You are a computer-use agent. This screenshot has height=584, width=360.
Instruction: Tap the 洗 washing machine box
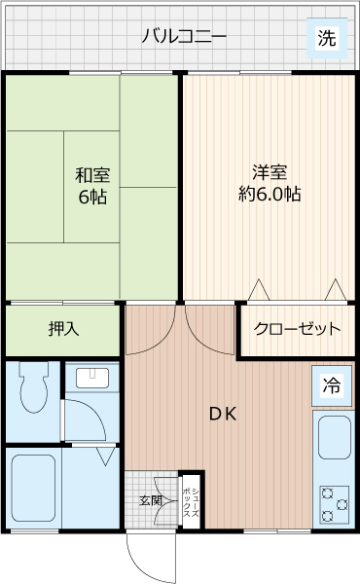pyautogui.click(x=327, y=39)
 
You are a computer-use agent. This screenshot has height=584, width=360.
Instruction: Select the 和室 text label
pyautogui.click(x=92, y=175)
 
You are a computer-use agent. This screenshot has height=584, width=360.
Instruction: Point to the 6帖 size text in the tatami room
pyautogui.click(x=92, y=198)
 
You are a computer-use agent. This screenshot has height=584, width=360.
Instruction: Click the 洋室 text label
pyautogui.click(x=269, y=172)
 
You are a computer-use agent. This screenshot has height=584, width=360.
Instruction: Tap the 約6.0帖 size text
pyautogui.click(x=269, y=194)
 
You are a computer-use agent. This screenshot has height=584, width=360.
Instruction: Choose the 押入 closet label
pyautogui.click(x=63, y=328)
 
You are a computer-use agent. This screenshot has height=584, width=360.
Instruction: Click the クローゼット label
pyautogui.click(x=298, y=329)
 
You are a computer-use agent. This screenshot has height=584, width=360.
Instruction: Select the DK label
pyautogui.click(x=223, y=412)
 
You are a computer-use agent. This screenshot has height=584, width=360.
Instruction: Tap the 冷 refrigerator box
pyautogui.click(x=332, y=385)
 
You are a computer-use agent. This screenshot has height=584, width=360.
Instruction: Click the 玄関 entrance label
pyautogui.click(x=151, y=500)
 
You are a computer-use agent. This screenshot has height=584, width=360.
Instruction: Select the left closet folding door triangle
pyautogui.click(x=260, y=290)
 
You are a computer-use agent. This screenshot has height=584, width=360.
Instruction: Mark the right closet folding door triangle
pyautogui.click(x=335, y=290)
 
